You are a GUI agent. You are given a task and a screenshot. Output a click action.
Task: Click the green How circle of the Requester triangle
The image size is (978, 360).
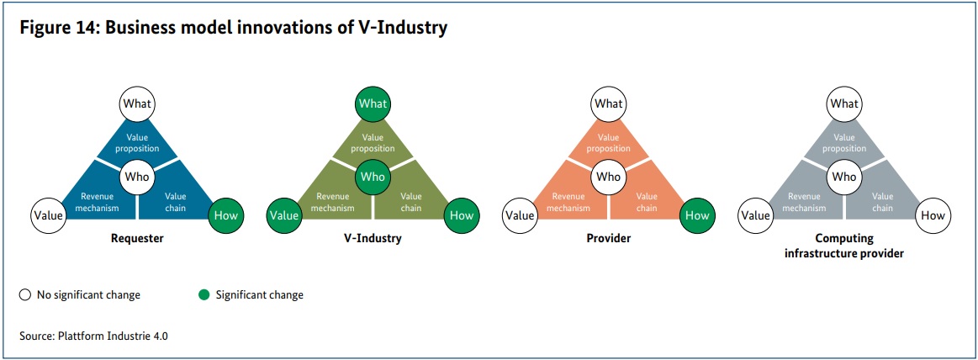click(x=225, y=216)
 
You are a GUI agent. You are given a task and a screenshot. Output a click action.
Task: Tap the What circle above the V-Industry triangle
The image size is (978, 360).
click(x=373, y=103)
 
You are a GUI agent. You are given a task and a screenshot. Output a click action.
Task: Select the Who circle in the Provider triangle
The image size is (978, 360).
click(x=608, y=177)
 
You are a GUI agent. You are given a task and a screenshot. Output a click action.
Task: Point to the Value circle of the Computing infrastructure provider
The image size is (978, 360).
click(x=754, y=216)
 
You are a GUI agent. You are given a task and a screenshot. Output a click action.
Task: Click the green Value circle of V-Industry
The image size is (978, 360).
click(x=284, y=216)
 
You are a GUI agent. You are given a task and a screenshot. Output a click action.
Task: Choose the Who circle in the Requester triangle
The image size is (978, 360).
click(x=137, y=177)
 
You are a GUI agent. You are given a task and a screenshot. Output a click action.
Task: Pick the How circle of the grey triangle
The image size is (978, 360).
click(x=933, y=216)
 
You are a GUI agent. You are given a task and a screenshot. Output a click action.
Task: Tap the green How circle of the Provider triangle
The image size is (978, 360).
click(x=697, y=216)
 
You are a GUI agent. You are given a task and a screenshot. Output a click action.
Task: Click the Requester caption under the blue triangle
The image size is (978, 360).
click(x=137, y=238)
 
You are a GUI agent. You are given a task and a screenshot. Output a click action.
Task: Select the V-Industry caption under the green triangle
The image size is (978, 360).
click(x=373, y=238)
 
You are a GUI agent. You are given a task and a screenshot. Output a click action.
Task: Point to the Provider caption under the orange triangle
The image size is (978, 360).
click(x=609, y=238)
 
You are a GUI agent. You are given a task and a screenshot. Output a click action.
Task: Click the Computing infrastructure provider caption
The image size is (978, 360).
click(x=844, y=246)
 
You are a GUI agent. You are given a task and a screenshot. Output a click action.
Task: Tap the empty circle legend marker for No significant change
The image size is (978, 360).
click(x=25, y=294)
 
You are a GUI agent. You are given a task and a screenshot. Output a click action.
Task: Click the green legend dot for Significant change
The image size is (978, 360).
click(x=204, y=294)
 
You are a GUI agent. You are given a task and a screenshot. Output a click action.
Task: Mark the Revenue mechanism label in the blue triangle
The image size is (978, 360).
click(x=98, y=203)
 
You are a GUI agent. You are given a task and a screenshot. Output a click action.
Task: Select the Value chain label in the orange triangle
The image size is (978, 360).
click(x=647, y=203)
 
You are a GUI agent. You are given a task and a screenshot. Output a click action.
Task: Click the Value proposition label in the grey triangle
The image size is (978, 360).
click(x=844, y=143)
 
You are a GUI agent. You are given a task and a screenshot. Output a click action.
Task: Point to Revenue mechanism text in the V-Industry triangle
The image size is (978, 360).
click(x=333, y=203)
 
